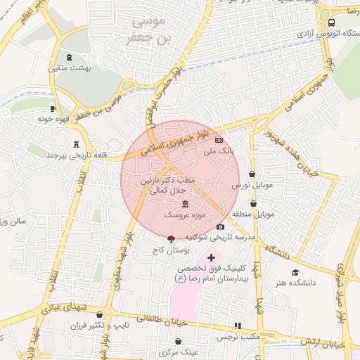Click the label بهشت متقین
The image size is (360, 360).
[x=66, y=68]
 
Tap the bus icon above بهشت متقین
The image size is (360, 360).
[x=68, y=57]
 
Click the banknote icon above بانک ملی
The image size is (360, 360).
[x=219, y=141]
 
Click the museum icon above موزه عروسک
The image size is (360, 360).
[x=184, y=204]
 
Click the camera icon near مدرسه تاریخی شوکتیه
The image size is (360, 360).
[x=221, y=226]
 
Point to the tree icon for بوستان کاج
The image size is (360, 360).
[x=172, y=239]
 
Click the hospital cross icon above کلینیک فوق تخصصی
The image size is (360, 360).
[x=211, y=257]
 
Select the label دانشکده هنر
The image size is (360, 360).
[x=296, y=282]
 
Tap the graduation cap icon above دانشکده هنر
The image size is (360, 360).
[x=295, y=272]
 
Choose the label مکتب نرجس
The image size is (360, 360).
[x=238, y=337]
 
